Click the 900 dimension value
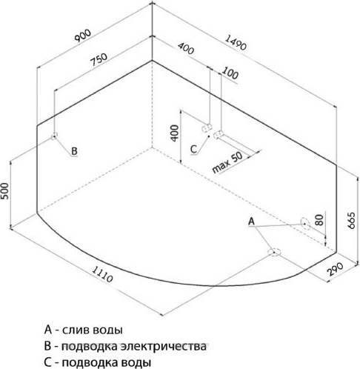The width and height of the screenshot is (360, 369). tap(83, 36)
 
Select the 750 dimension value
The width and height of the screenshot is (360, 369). tap(99, 59)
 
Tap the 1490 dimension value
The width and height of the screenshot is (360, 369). tap(236, 42)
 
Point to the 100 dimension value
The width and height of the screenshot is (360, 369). tap(230, 73)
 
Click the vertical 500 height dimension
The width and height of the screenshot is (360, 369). tap(5, 191)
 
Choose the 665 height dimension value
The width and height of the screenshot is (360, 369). tap(351, 220)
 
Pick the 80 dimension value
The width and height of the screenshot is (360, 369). tap(319, 220)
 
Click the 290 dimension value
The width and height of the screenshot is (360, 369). tap(336, 269)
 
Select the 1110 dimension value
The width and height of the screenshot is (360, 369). tap(102, 274)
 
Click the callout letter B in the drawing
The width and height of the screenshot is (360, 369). tap(74, 151)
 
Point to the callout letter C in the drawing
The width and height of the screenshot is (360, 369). tap(193, 149)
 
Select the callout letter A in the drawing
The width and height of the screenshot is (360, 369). tap(251, 222)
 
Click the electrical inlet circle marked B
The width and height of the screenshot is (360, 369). tap(54, 136)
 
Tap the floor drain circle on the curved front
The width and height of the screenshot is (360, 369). tap(274, 252)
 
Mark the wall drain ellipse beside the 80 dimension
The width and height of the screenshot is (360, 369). tap(305, 224)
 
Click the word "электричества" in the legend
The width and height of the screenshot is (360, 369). tap(163, 346)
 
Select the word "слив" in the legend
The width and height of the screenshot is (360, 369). tap(77, 330)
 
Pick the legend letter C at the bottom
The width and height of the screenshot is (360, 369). tap(48, 362)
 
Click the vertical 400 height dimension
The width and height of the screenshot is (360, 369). tap(175, 133)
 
